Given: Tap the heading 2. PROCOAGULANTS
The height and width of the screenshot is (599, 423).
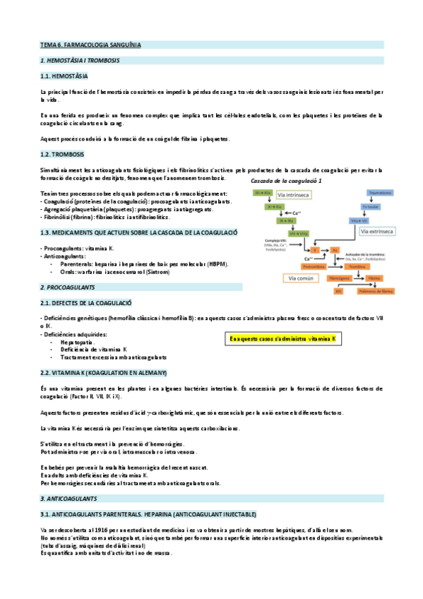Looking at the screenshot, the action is coord(68,287).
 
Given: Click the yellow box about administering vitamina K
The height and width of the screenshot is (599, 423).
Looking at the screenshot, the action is coord(283,340).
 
